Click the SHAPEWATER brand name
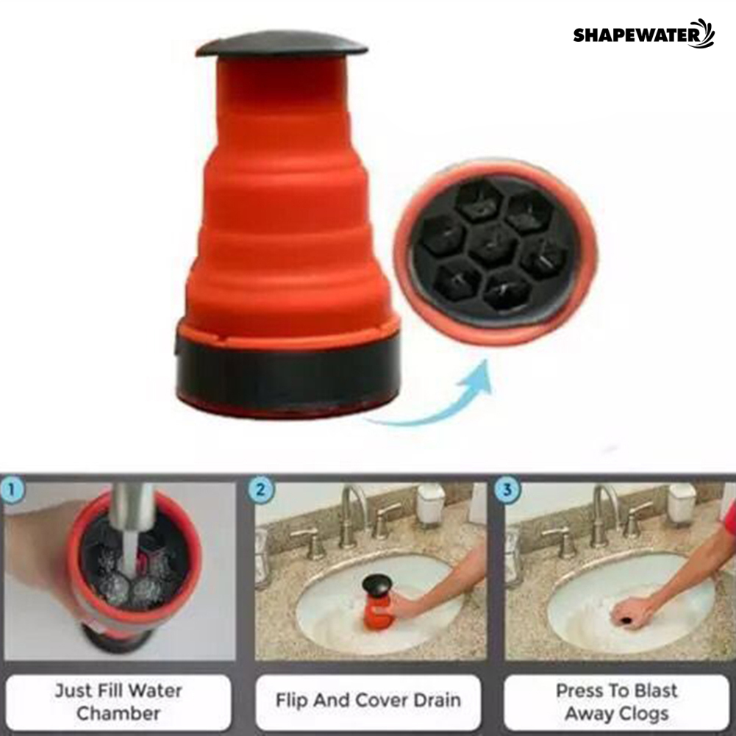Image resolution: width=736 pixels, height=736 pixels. [x=637, y=36]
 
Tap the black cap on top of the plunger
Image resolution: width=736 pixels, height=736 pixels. [x=282, y=45]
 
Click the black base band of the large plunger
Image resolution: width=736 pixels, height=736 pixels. [x=287, y=371]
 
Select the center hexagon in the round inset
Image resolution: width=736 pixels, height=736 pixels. [x=493, y=245]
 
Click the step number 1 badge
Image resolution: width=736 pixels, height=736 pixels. [x=12, y=490]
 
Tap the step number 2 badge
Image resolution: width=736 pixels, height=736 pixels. [x=260, y=490]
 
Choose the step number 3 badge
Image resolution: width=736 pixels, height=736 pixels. [x=506, y=490]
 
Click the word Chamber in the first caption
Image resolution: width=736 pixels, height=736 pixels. [x=118, y=713]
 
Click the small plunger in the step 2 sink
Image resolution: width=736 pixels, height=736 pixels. [x=376, y=603]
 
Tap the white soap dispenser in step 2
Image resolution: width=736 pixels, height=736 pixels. [x=430, y=504]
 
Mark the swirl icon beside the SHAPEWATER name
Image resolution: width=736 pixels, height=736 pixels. [x=707, y=33]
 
